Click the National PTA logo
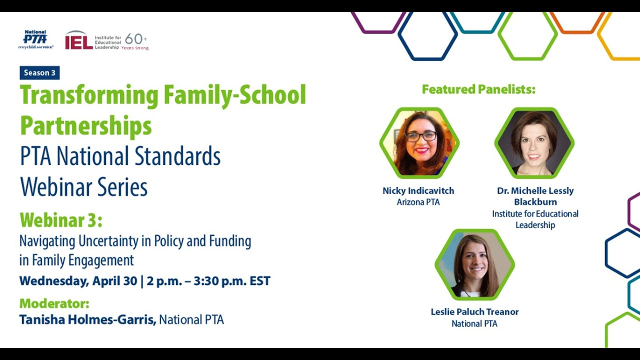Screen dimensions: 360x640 click(x=35, y=39)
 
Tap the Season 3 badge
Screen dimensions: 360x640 click(x=39, y=73)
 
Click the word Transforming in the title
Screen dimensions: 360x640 click(x=88, y=95)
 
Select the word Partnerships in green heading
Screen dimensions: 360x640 click(x=85, y=126)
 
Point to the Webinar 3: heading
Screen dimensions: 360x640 click(x=60, y=220)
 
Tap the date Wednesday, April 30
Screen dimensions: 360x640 click(x=78, y=281)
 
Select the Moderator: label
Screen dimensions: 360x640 click(x=54, y=303)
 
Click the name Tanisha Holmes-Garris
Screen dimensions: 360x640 click(x=87, y=319)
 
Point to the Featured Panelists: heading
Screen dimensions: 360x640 click(x=478, y=89)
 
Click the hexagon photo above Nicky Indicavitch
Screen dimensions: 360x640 click(x=418, y=143)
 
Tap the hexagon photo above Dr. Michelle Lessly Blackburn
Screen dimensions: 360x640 click(x=534, y=143)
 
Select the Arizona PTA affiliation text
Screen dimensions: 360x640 click(x=418, y=202)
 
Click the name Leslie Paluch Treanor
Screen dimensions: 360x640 click(x=474, y=312)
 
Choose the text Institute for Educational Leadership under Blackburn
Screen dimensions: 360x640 click(x=535, y=219)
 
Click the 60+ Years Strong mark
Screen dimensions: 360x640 click(x=135, y=41)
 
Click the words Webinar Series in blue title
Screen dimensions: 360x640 click(x=83, y=187)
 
